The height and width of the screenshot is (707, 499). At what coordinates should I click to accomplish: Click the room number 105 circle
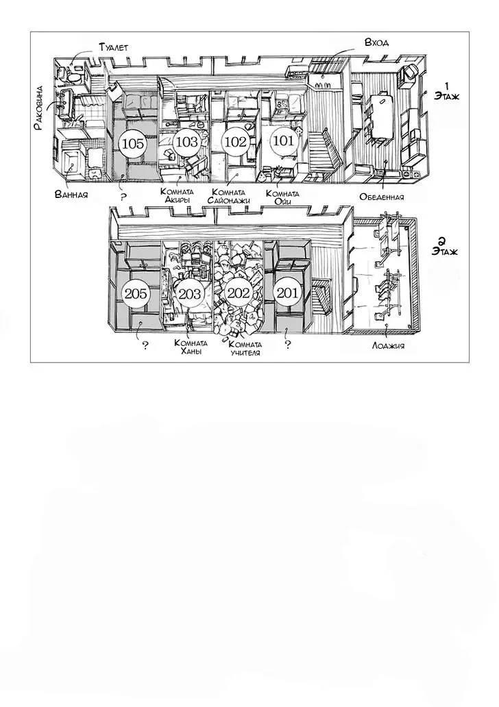(133, 144)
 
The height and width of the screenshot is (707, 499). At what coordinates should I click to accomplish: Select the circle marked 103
(186, 142)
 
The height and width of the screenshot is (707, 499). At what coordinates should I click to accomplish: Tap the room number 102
(236, 142)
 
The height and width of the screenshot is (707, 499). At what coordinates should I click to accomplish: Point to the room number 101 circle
(283, 140)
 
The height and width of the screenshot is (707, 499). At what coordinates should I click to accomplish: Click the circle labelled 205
(135, 294)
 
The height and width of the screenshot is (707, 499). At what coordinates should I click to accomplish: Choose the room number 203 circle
(189, 295)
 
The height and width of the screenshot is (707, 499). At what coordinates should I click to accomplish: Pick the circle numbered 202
(239, 293)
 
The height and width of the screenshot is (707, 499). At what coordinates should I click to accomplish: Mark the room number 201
(287, 293)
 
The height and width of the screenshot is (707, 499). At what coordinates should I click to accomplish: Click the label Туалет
(113, 47)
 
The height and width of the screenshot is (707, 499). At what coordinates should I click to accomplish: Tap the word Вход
(377, 42)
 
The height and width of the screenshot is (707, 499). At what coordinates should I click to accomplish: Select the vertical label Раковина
(39, 108)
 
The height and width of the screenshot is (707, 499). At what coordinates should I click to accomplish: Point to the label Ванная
(71, 195)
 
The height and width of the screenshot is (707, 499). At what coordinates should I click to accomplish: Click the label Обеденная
(382, 197)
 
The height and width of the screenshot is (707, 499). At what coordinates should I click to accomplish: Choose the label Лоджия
(388, 346)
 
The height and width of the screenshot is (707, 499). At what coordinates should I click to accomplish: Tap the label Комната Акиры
(177, 196)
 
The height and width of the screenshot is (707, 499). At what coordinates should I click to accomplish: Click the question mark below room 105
(124, 197)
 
